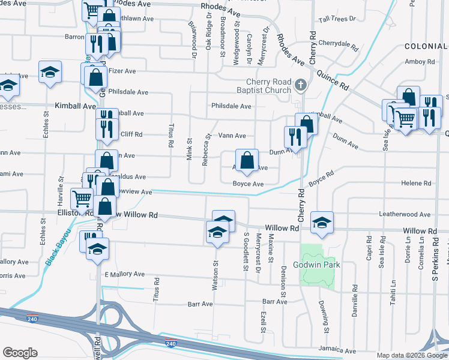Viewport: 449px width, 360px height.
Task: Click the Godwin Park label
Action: click(x=316, y=265)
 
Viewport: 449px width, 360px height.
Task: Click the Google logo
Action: click(x=20, y=353)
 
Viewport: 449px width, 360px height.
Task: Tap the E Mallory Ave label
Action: click(x=124, y=274)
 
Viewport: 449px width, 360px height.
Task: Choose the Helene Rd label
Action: click(x=418, y=184)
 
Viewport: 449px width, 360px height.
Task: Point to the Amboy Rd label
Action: click(x=420, y=61)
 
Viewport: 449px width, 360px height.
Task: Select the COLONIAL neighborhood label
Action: click(x=426, y=46)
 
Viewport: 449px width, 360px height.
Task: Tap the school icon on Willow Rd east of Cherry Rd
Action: click(x=322, y=224)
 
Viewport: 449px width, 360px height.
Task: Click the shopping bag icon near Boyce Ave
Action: click(x=247, y=160)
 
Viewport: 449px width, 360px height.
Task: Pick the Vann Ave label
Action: click(x=232, y=136)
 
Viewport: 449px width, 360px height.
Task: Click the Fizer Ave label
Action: click(x=122, y=71)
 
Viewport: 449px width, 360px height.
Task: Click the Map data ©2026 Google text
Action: click(x=411, y=355)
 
